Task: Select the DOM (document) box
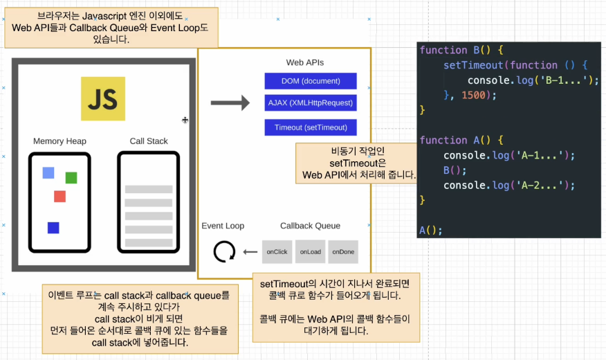311,81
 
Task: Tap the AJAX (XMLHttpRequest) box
311,103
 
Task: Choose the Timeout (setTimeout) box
311,127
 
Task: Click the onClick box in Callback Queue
277,252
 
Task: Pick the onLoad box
310,252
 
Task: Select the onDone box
343,252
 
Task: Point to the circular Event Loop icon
224,252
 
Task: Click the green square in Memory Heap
71,178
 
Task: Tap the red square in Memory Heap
59,196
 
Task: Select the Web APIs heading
305,62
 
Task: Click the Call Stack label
149,141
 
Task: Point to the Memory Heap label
59,141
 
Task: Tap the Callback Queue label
310,226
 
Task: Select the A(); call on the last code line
430,230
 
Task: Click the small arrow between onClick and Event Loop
250,252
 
